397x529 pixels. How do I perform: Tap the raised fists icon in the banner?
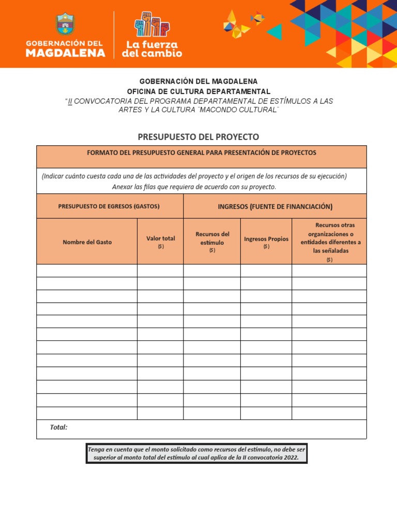pyautogui.click(x=152, y=24)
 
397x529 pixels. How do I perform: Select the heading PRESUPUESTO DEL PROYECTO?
pyautogui.click(x=198, y=137)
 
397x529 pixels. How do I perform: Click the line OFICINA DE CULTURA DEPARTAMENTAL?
pyautogui.click(x=198, y=91)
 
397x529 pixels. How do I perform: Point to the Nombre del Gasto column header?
pyautogui.click(x=87, y=242)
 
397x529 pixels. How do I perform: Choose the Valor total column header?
pyautogui.click(x=160, y=241)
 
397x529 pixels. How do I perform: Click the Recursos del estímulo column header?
pyautogui.click(x=212, y=241)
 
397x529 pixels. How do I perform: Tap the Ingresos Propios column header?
pyautogui.click(x=266, y=241)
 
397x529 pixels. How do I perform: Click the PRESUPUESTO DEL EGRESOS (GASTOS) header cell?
pyautogui.click(x=109, y=206)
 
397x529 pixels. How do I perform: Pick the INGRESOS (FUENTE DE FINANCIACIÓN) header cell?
pyautogui.click(x=275, y=207)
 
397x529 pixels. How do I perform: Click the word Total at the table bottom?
pyautogui.click(x=58, y=427)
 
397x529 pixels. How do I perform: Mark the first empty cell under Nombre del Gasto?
pyautogui.click(x=87, y=271)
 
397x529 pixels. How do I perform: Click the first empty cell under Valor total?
pyautogui.click(x=160, y=271)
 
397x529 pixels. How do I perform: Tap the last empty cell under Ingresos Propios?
pyautogui.click(x=266, y=413)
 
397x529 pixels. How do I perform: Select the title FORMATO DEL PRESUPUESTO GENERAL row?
pyautogui.click(x=202, y=153)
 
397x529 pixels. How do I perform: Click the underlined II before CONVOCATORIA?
pyautogui.click(x=70, y=101)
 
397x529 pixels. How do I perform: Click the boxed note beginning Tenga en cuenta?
pyautogui.click(x=196, y=453)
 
